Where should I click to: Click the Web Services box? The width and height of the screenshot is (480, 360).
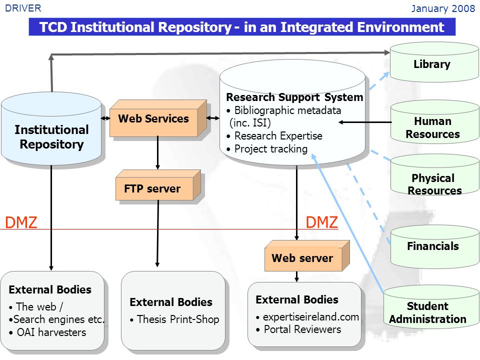[x=158, y=118]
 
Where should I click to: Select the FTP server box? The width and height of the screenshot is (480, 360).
[x=158, y=185]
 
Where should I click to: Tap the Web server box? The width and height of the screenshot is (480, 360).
[x=306, y=256]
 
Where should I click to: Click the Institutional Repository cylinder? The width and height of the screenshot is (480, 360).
[x=51, y=128]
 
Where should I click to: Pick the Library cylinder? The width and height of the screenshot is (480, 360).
[x=434, y=62]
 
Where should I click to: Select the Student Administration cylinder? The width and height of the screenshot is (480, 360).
[x=431, y=306]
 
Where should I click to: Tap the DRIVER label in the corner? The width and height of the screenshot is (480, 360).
[x=23, y=8]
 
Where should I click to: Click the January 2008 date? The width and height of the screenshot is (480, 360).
[x=443, y=8]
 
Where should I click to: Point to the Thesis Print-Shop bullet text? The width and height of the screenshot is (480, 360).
[x=174, y=319]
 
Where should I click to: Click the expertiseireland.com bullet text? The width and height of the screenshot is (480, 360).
[x=307, y=317]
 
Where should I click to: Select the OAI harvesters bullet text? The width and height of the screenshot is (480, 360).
[x=47, y=332]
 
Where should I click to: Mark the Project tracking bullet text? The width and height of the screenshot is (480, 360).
[x=267, y=149]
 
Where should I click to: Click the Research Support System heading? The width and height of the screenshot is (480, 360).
[x=294, y=97]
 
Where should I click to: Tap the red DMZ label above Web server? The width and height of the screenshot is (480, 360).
[x=321, y=222]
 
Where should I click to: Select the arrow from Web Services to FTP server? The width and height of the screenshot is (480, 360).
[x=157, y=153]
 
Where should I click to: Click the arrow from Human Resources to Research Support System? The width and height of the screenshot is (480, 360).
[x=365, y=122]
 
